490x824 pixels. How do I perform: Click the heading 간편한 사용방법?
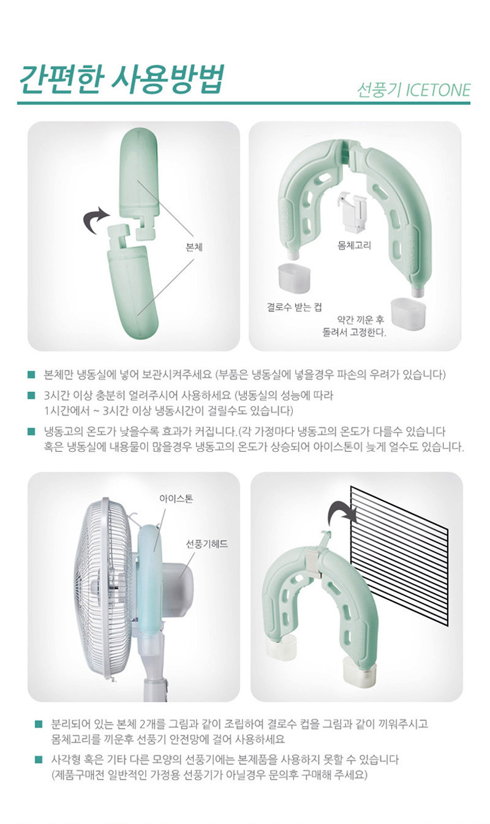coord(121,80)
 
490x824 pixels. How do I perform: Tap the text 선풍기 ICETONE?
coord(414,90)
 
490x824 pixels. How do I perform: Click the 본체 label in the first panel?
coord(194,247)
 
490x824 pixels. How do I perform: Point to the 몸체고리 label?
coord(354,245)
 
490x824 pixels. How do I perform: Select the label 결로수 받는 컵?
coord(294,307)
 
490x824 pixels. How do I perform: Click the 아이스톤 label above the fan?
coord(176,499)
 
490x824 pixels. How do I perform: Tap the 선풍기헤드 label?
coord(207,544)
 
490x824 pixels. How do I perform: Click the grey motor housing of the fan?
coord(178,585)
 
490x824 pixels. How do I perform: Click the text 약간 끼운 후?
coord(360,320)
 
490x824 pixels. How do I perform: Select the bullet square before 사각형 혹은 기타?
coord(38,759)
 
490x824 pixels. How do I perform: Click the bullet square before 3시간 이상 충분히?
coord(32,396)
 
